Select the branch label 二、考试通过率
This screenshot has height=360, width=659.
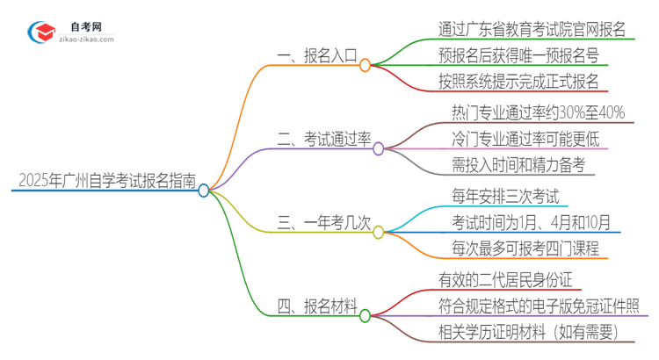[x=324, y=140]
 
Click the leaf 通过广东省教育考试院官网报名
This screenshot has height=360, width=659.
[x=532, y=29]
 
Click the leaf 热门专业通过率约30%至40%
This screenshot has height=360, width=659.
[x=538, y=112]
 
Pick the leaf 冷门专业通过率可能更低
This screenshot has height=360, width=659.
[x=525, y=139]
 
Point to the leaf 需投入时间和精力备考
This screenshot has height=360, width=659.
[x=518, y=165]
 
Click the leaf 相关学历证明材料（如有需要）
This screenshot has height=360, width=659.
[x=529, y=333]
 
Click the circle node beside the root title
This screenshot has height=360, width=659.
[x=204, y=190]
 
